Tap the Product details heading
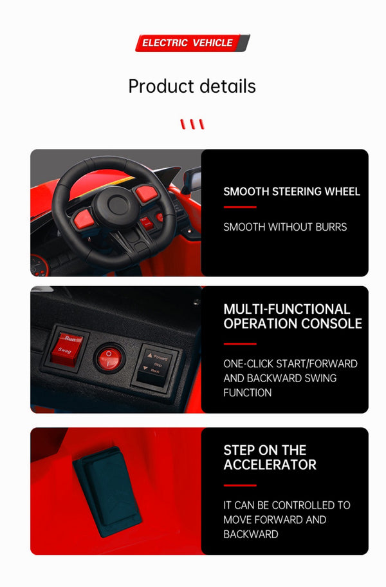point(192,86)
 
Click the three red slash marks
point(192,124)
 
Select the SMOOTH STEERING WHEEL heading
point(291,191)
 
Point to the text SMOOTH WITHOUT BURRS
point(285,227)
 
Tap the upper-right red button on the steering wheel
point(147,193)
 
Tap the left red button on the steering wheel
point(84,219)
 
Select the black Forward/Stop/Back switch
point(154,367)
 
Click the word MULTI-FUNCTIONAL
point(286,309)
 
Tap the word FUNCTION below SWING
point(248,392)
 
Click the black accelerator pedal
point(107,491)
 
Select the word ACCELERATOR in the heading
point(270,465)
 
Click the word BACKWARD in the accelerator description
point(251,534)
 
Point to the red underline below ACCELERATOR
point(240,486)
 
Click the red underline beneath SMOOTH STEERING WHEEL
point(240,207)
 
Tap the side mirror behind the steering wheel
point(192,179)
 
